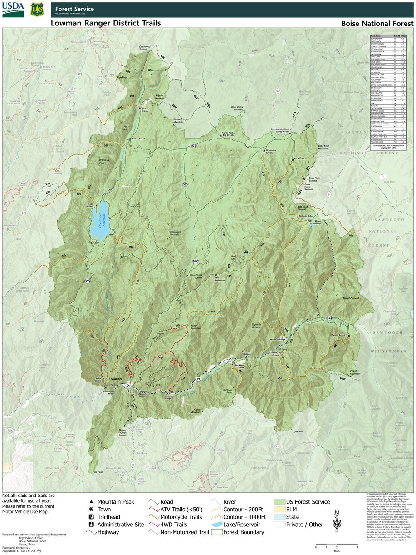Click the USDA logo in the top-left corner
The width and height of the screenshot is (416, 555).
(13, 9)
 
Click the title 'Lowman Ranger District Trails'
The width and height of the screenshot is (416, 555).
(105, 23)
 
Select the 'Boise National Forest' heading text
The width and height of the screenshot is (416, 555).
(377, 24)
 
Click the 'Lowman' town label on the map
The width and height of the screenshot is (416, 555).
(115, 379)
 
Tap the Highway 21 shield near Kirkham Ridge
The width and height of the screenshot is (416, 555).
(198, 378)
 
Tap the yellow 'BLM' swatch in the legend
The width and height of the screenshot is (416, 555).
(279, 510)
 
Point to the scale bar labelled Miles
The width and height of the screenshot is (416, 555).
(337, 545)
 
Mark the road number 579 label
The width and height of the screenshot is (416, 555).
(194, 145)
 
